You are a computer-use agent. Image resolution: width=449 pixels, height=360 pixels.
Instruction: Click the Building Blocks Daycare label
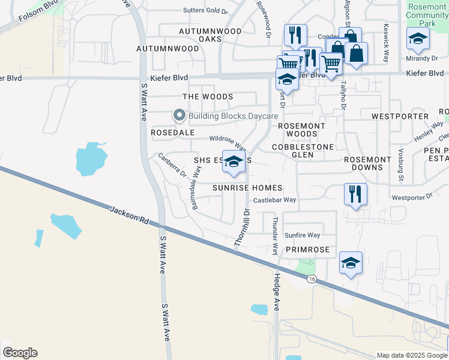[x=234, y=116]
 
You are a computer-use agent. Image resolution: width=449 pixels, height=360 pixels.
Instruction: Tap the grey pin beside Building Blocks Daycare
[x=178, y=115]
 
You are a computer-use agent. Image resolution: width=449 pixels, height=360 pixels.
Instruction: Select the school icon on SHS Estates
[x=234, y=162]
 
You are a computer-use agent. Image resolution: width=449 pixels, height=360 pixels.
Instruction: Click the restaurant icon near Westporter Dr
[x=355, y=194]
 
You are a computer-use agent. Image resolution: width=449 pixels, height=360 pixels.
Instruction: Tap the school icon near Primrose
[x=351, y=263]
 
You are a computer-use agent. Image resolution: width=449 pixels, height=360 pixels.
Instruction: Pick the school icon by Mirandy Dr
[x=418, y=40]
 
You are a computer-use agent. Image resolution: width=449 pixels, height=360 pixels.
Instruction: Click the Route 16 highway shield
[x=310, y=279]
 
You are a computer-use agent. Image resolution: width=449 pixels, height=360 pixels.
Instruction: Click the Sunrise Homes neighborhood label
[x=247, y=188]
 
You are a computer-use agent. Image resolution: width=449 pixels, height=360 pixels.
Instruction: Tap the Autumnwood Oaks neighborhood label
[x=210, y=35]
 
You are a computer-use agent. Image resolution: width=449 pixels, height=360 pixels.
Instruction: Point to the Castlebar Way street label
[x=275, y=200]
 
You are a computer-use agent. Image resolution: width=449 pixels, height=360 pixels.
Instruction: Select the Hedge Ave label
[x=277, y=292]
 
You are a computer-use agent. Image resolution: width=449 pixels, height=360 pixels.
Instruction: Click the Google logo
[x=20, y=353]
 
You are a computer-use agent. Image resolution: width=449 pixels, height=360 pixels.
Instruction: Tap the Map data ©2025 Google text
[x=411, y=355]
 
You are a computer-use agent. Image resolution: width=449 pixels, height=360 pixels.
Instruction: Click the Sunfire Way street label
[x=302, y=235]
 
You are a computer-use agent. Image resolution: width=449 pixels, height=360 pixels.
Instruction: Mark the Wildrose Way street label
[x=228, y=142]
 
